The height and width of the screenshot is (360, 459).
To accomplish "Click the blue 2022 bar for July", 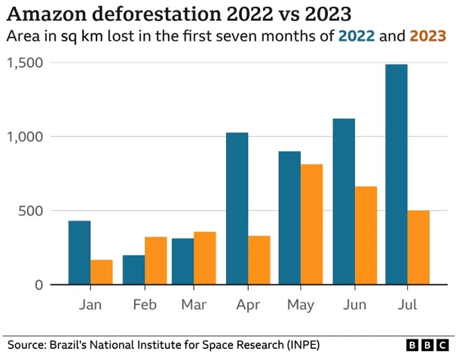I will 396,175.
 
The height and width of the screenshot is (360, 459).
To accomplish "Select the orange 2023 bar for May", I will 311,224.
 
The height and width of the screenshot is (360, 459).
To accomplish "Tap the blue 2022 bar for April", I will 237,209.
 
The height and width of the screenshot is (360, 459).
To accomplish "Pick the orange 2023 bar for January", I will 102,272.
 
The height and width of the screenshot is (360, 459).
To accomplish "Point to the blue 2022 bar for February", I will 133,270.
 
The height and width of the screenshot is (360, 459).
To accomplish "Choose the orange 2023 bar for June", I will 366,236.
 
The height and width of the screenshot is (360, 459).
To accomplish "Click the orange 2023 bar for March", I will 205,258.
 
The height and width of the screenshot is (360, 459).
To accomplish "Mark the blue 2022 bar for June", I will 344,202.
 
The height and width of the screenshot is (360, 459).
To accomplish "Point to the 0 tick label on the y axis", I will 38,285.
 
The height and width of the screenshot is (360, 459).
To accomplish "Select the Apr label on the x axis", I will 247,306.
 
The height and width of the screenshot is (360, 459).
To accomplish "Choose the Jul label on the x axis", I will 407,306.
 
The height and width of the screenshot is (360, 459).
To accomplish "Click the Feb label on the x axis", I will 144,306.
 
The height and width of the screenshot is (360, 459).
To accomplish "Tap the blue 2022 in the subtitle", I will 356,36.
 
